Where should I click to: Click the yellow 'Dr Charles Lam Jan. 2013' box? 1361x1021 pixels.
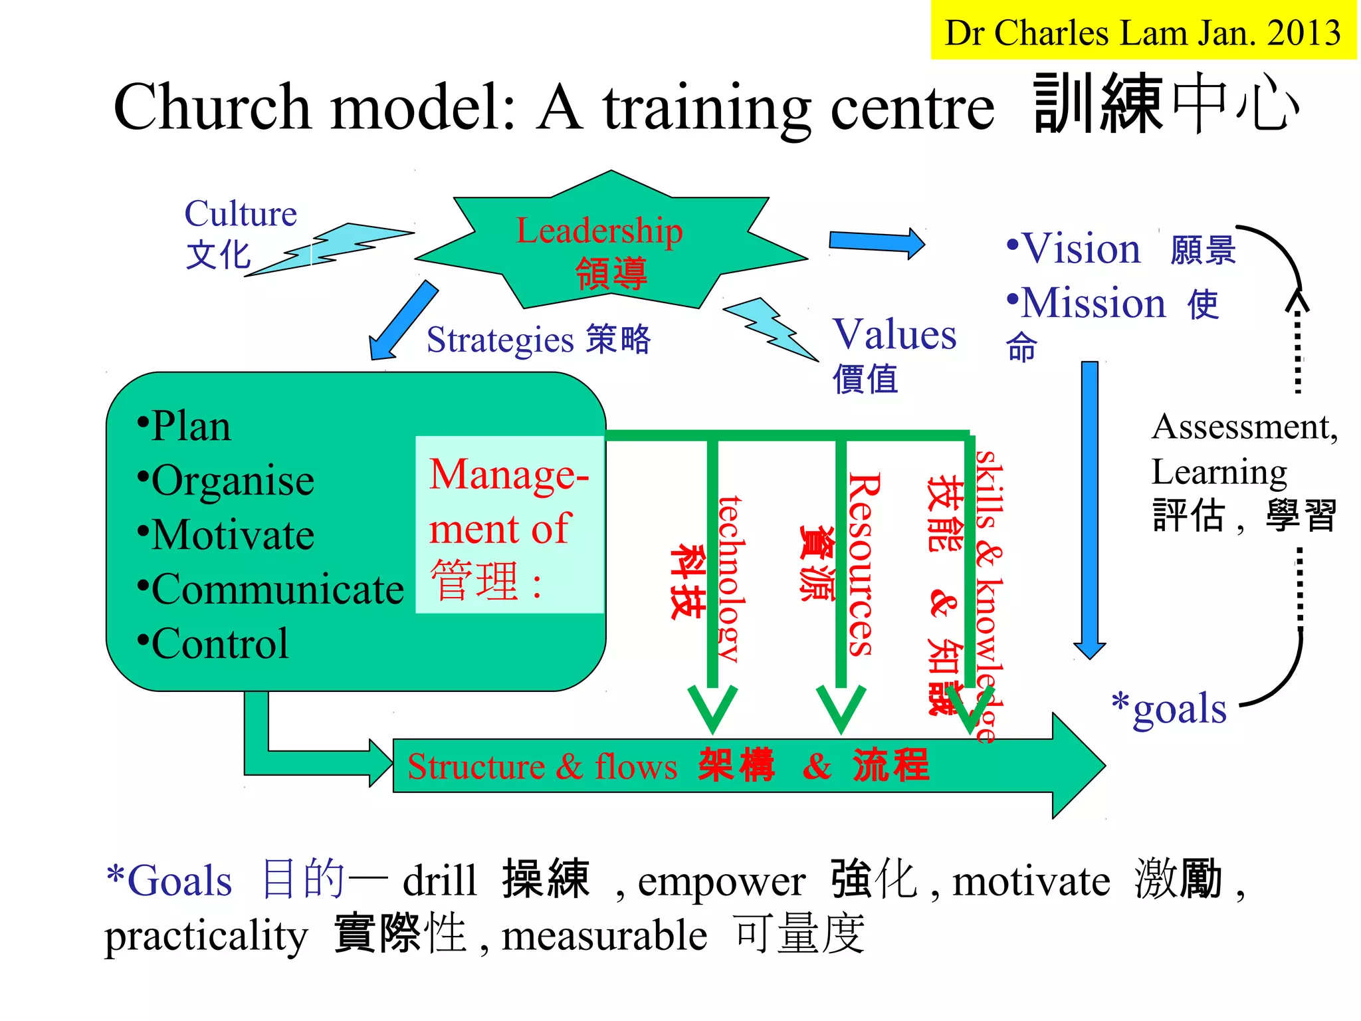click(x=1143, y=31)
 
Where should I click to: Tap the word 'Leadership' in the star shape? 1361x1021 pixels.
click(x=599, y=231)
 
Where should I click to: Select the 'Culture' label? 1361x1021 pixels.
click(x=241, y=214)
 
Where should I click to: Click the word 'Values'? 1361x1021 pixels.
click(x=894, y=334)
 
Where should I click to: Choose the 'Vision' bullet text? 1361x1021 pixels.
click(x=1081, y=249)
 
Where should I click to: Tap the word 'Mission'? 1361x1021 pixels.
click(x=1093, y=304)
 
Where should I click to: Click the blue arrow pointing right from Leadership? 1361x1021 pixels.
click(x=876, y=242)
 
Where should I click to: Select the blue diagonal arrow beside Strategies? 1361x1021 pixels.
click(x=403, y=320)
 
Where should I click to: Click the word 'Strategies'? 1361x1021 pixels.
click(x=500, y=340)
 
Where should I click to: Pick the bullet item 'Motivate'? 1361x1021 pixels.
click(x=232, y=535)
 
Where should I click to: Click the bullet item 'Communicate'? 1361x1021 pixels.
click(x=277, y=590)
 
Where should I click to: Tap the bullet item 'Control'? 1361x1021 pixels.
click(x=219, y=643)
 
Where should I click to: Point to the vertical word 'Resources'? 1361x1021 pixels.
click(x=864, y=565)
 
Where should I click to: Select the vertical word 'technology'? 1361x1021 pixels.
click(x=732, y=578)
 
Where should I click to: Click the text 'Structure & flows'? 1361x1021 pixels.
click(x=542, y=766)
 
